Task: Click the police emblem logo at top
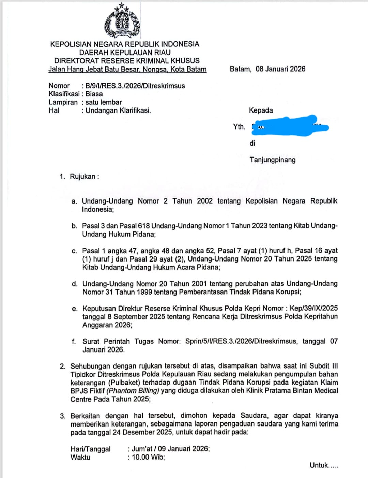122,21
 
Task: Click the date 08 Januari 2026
280,69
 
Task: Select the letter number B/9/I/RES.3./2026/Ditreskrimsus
135,86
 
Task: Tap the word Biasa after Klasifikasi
94,94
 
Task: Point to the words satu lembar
103,102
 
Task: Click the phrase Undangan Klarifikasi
118,110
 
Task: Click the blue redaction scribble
290,126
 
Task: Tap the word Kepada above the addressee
261,110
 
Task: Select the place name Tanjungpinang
272,160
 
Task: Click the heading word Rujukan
83,176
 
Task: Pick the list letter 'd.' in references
75,284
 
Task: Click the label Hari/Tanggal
90,449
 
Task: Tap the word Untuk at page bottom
319,465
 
